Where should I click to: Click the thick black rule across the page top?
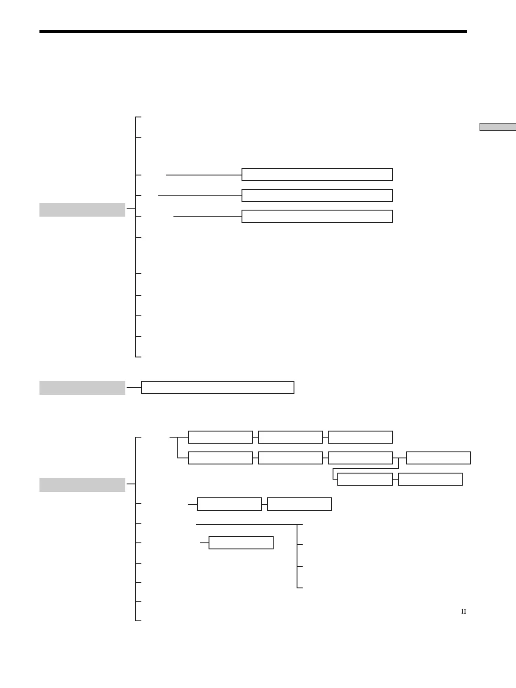tap(253, 32)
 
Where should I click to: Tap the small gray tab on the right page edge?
tap(497, 127)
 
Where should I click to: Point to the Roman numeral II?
tap(463, 611)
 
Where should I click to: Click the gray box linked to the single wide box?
tap(82, 387)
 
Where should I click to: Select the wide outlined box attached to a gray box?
tap(217, 387)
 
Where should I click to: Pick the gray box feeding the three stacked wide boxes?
tap(82, 209)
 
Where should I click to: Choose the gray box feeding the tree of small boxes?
tap(82, 484)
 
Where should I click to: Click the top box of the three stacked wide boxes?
tap(317, 175)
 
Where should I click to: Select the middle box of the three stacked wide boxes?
tap(317, 195)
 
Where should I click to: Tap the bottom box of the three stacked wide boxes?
tap(317, 216)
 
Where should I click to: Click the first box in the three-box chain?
tap(220, 437)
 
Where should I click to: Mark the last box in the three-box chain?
tap(360, 437)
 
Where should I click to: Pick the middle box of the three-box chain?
tap(290, 437)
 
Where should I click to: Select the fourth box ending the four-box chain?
tap(438, 458)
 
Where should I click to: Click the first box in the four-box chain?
tap(220, 458)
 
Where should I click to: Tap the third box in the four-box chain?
tap(360, 458)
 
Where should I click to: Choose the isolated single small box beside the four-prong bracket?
tap(241, 542)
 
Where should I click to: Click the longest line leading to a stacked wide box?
tap(200, 196)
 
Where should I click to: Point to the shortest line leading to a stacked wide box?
tap(207, 216)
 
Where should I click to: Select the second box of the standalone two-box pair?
tap(299, 504)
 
